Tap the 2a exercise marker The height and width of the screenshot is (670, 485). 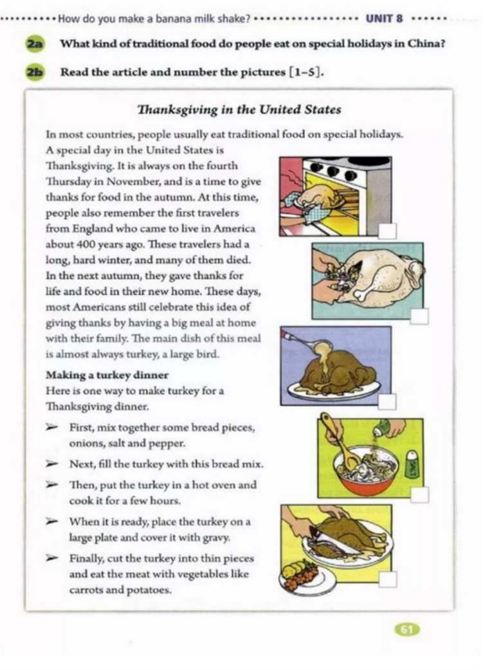[33, 44]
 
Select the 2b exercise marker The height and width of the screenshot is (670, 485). [33, 72]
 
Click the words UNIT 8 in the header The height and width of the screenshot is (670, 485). [384, 18]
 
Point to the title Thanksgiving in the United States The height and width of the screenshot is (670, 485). [239, 109]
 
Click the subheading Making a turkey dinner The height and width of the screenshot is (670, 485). [107, 375]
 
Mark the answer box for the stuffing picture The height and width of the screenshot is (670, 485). [419, 316]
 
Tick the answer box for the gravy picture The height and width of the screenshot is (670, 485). [387, 402]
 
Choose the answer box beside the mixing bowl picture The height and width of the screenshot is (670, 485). [419, 494]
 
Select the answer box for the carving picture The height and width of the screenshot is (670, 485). [387, 579]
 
